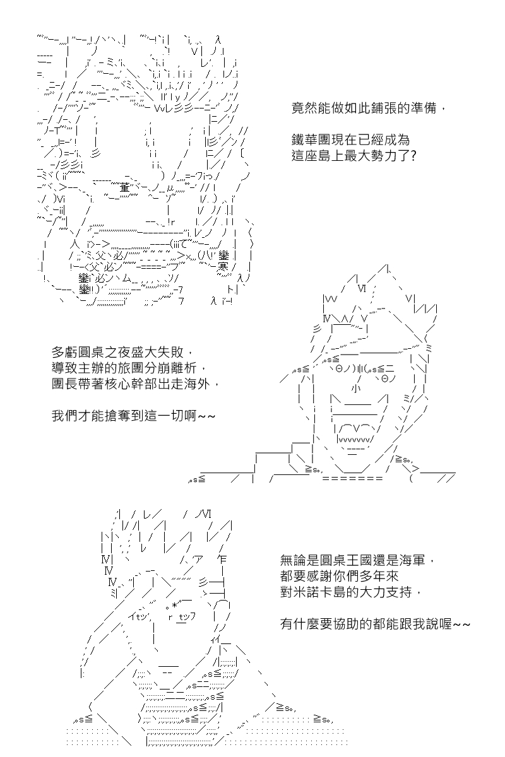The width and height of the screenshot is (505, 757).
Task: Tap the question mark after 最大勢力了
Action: [412, 156]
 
